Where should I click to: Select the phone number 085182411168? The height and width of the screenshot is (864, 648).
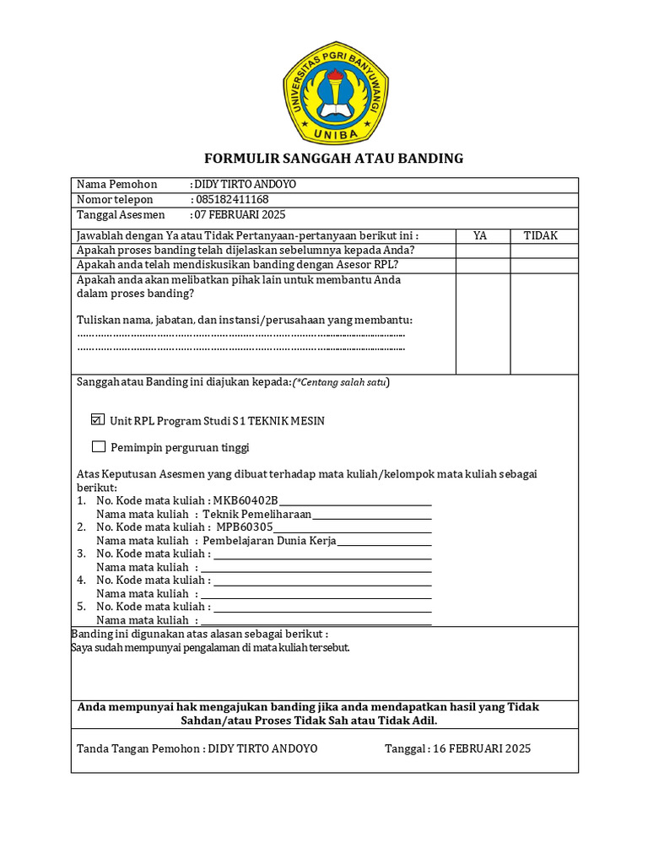click(232, 200)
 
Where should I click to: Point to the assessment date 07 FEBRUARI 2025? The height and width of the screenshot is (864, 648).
click(241, 215)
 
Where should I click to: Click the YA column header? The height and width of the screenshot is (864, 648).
click(480, 236)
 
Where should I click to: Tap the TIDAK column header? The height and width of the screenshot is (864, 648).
click(541, 236)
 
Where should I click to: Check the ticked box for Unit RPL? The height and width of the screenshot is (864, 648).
click(98, 420)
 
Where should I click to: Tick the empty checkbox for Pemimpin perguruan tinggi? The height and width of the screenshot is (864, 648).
click(99, 447)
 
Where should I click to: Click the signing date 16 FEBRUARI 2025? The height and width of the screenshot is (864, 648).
click(481, 748)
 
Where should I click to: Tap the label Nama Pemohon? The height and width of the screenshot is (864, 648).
click(117, 185)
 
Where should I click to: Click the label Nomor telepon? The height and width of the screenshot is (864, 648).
click(116, 200)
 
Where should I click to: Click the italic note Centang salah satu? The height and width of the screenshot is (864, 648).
click(341, 382)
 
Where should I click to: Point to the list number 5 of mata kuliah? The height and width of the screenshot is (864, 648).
click(82, 607)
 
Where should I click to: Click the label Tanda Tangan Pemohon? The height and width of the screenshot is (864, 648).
click(139, 748)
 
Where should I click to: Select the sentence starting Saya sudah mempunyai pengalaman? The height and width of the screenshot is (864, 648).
click(210, 648)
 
